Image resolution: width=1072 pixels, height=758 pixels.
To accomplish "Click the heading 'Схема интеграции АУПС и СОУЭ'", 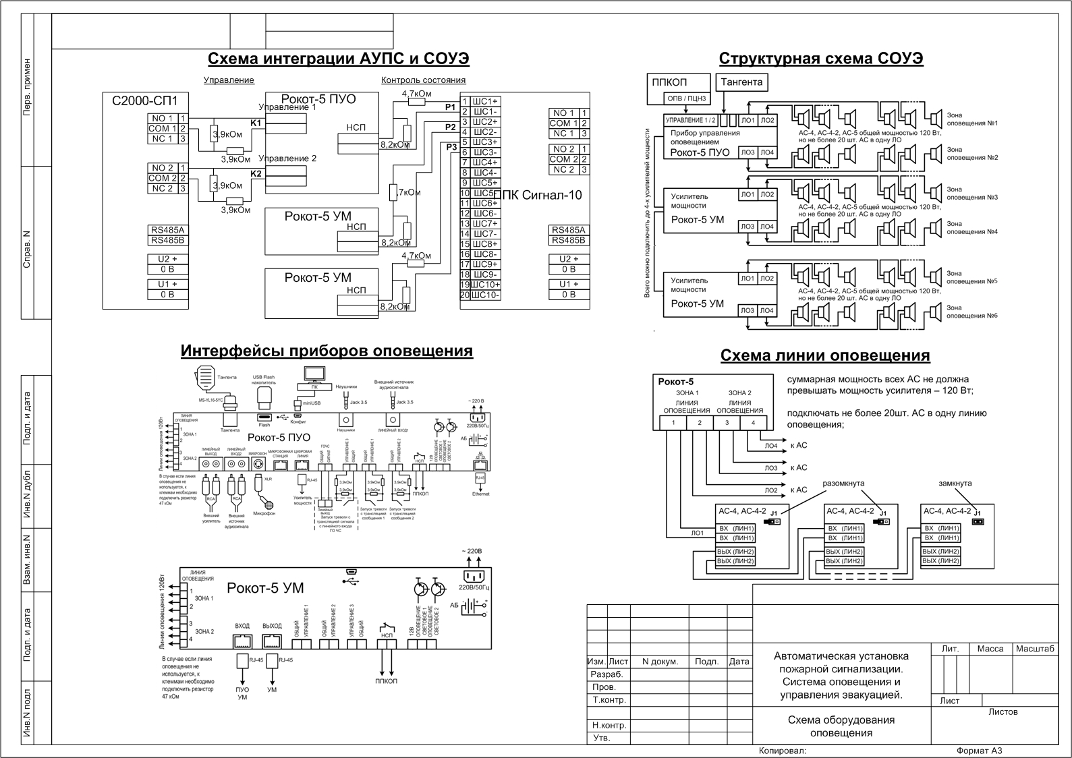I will pyautogui.click(x=338, y=59).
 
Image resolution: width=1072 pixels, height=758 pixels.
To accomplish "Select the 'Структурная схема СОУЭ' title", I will pyautogui.click(x=821, y=59).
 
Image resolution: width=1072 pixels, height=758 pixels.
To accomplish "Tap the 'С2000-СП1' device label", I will pyautogui.click(x=144, y=101).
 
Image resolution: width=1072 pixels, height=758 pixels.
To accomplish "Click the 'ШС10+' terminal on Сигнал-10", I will pyautogui.click(x=485, y=285).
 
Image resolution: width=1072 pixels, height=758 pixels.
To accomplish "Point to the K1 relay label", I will pyautogui.click(x=256, y=123).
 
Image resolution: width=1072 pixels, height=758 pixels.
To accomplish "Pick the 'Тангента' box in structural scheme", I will pyautogui.click(x=741, y=82).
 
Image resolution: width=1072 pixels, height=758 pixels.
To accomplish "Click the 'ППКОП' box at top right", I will pyautogui.click(x=669, y=82).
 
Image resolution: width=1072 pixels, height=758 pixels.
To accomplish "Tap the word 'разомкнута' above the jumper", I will pyautogui.click(x=843, y=484).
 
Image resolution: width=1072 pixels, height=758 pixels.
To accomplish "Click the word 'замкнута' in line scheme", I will pyautogui.click(x=955, y=484).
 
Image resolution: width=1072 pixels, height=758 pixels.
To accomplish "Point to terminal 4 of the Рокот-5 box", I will pyautogui.click(x=753, y=423).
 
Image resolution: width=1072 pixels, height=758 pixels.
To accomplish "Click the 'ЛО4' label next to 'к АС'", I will pyautogui.click(x=770, y=446).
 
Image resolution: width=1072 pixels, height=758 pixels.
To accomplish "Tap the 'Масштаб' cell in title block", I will pyautogui.click(x=1034, y=649).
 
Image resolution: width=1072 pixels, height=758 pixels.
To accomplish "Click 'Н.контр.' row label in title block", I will pyautogui.click(x=609, y=726).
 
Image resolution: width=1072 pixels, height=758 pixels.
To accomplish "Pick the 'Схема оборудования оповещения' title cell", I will pyautogui.click(x=841, y=726).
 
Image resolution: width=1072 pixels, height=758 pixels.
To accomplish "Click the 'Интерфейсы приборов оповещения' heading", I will pyautogui.click(x=327, y=351).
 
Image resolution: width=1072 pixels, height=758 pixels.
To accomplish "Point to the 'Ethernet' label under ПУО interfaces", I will pyautogui.click(x=480, y=494).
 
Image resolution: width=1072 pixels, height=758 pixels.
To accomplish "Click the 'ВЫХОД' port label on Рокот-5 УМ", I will pyautogui.click(x=272, y=626).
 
